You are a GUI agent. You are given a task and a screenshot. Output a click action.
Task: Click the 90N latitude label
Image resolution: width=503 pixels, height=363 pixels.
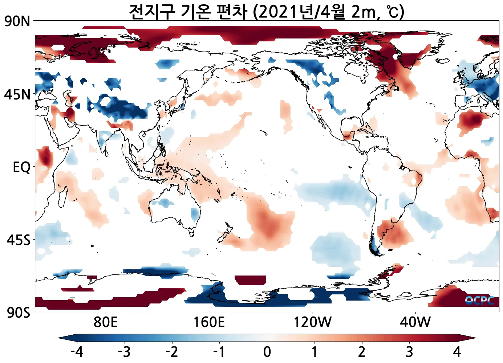tap(17, 21)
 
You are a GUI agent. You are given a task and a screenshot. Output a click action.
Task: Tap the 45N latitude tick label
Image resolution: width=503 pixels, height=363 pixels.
tap(17, 94)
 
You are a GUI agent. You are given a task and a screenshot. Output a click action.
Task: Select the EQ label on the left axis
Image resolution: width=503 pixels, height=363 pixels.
tap(21, 167)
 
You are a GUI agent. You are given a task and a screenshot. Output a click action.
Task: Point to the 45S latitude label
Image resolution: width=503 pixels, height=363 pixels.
tap(18, 240)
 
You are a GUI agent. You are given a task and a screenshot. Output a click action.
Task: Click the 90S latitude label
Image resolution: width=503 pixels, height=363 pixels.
tap(18, 312)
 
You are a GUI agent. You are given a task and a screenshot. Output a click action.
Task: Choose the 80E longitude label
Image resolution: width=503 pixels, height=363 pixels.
tap(105, 322)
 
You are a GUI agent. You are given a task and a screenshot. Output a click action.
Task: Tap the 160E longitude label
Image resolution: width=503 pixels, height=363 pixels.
tap(209, 322)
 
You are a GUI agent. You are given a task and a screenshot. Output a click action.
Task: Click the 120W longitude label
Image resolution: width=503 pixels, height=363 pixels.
tap(312, 322)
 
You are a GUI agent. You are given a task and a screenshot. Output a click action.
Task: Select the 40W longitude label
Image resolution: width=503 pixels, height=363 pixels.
tap(415, 322)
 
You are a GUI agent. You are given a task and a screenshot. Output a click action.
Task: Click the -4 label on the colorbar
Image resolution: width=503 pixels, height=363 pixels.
tap(77, 352)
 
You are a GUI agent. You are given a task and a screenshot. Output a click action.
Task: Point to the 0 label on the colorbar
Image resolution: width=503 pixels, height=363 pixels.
tap(267, 352)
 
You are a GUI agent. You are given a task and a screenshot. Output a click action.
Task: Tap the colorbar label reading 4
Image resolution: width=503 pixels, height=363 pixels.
tap(457, 352)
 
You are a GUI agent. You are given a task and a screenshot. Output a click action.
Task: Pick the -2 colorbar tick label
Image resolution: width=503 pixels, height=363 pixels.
tap(171, 352)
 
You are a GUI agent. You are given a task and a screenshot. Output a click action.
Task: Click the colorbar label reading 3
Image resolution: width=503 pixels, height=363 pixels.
tap(409, 352)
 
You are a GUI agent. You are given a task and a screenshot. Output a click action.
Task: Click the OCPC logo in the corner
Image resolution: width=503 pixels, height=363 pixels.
tap(479, 301)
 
